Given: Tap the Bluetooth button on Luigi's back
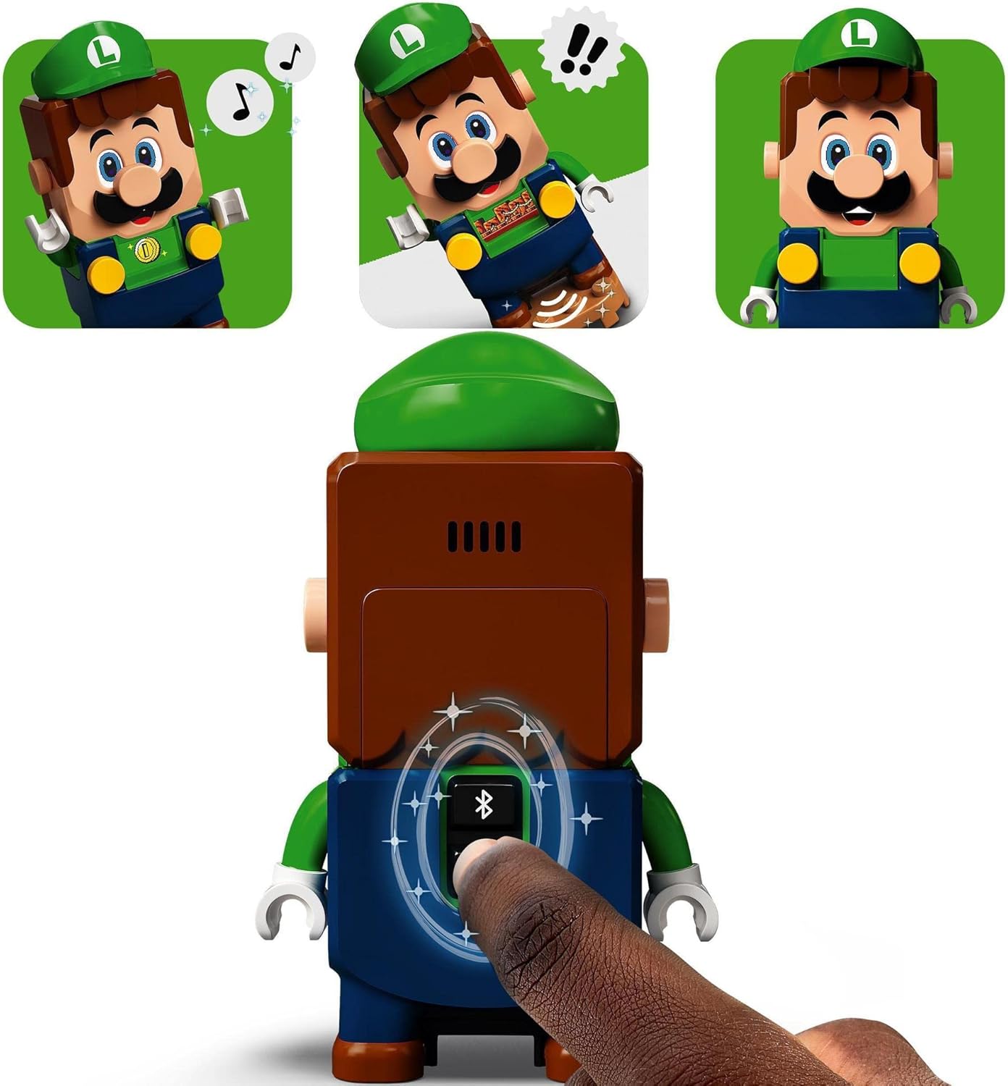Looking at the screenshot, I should click(483, 804).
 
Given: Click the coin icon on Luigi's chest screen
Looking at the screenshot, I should click(147, 251).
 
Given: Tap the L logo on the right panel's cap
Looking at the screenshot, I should click(860, 32).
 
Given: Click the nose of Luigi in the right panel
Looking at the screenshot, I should click(857, 172).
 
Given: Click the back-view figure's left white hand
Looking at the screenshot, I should click(291, 901).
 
